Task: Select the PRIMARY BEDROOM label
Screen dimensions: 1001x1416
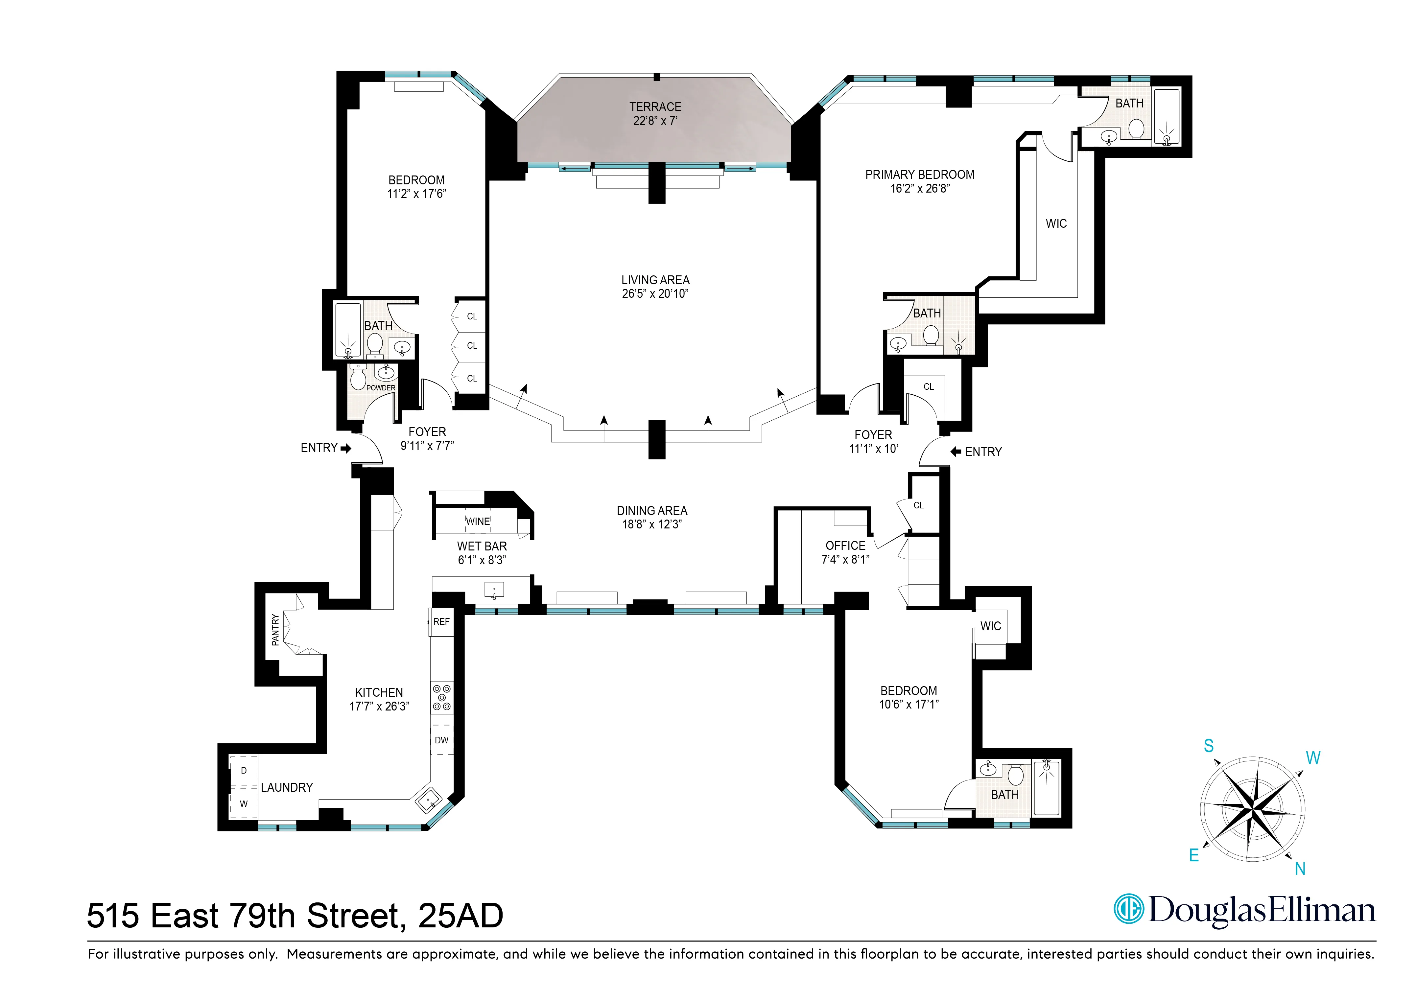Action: pyautogui.click(x=920, y=175)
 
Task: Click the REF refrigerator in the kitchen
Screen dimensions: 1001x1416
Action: pyautogui.click(x=441, y=622)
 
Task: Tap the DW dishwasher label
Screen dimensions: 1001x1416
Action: pyautogui.click(x=441, y=740)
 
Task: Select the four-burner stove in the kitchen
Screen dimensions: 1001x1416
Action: pyautogui.click(x=441, y=698)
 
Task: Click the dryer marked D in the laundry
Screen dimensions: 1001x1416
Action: pyautogui.click(x=244, y=770)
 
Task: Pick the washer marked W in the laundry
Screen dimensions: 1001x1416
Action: pyautogui.click(x=244, y=803)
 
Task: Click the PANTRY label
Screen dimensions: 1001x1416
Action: pyautogui.click(x=275, y=630)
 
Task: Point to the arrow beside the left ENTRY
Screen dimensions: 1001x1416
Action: pyautogui.click(x=346, y=448)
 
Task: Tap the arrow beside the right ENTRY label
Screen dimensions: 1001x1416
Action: pyautogui.click(x=956, y=452)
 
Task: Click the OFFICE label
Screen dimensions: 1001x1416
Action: pyautogui.click(x=845, y=546)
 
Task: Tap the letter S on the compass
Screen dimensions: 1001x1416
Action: pyautogui.click(x=1209, y=746)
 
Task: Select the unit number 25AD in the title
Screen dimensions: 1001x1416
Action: pyautogui.click(x=461, y=915)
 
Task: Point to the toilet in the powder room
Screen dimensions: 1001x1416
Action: pyautogui.click(x=358, y=378)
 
